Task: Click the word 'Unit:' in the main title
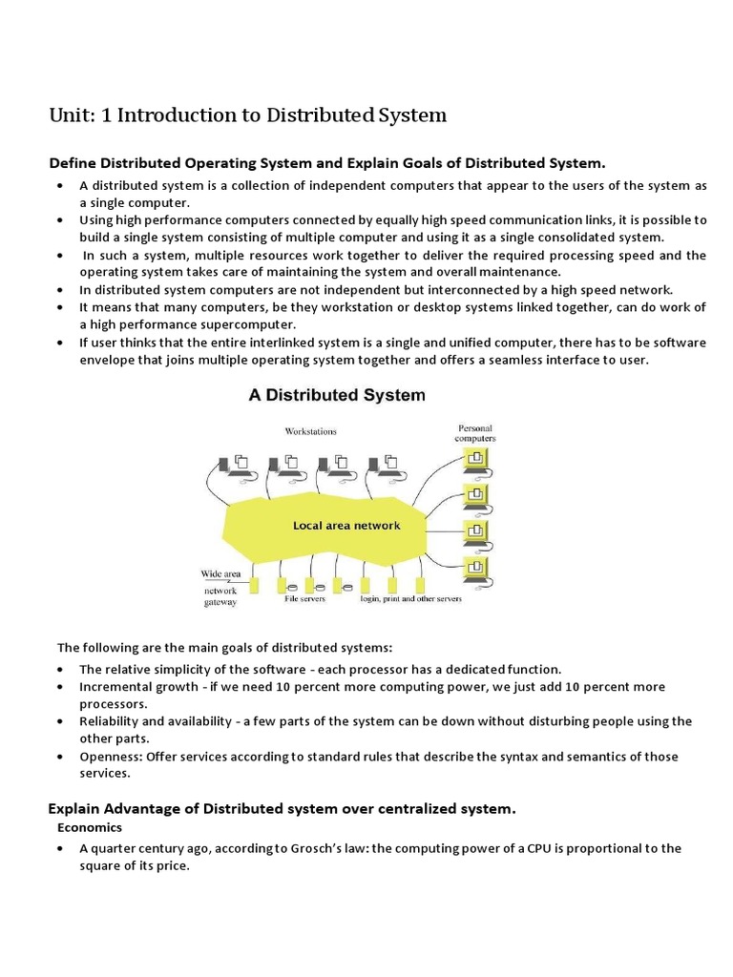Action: (70, 115)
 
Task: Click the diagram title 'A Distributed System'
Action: (337, 395)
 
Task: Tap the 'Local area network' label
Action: (346, 526)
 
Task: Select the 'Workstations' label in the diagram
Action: (310, 431)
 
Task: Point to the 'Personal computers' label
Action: (476, 434)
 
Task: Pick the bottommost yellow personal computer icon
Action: (473, 569)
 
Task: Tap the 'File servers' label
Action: (304, 599)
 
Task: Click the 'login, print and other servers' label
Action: (410, 599)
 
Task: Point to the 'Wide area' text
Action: (220, 574)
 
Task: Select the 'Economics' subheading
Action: (88, 828)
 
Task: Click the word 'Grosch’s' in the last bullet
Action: (335, 848)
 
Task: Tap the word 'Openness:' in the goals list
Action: (110, 757)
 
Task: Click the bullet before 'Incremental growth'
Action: (61, 687)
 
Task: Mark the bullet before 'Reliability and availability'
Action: (61, 721)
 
